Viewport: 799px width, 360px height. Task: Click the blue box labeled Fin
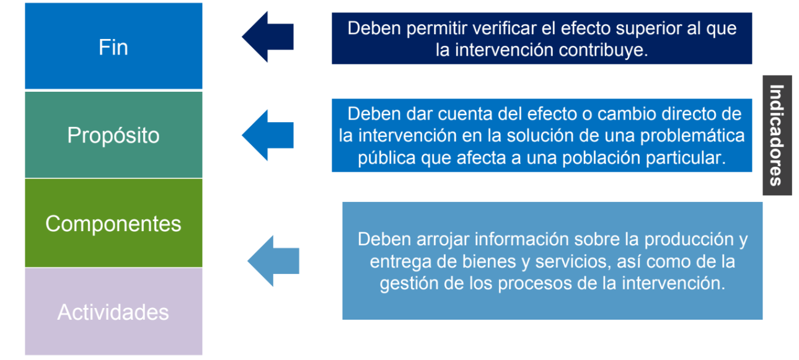(113, 46)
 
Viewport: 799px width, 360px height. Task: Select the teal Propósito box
(113, 135)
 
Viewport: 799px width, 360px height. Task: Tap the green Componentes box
(113, 223)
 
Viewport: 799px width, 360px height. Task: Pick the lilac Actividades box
(113, 312)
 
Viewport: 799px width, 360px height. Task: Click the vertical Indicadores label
(777, 135)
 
